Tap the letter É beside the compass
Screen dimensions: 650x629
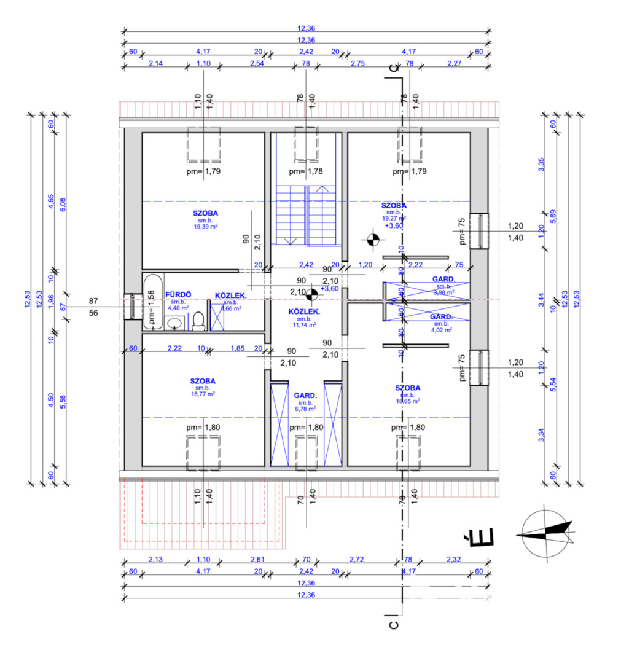coord(471,539)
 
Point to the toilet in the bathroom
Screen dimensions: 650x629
coord(198,321)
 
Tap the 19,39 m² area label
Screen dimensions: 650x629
coord(206,226)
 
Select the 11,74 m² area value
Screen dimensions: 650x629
coord(305,325)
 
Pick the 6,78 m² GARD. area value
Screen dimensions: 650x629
coord(305,408)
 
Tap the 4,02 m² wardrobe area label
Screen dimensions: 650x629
coord(442,329)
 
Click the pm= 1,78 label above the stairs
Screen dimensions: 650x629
coord(305,171)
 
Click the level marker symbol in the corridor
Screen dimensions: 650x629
coord(311,296)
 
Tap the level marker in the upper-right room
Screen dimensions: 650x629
coord(371,240)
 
